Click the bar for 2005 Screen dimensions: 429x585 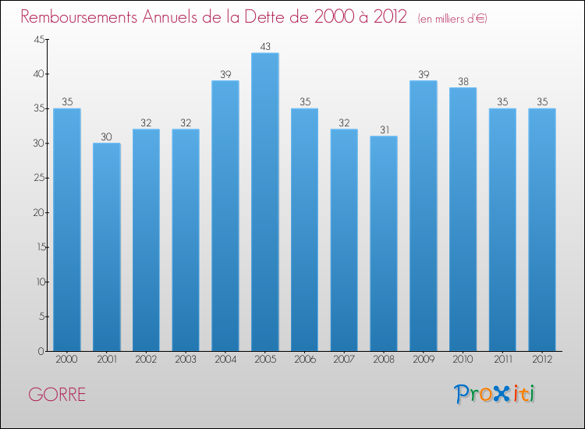click(265, 202)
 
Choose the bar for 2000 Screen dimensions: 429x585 click(67, 229)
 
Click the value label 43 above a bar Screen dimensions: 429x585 click(265, 47)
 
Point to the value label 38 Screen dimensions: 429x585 click(463, 81)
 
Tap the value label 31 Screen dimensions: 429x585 click(384, 129)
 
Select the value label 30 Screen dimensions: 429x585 click(107, 136)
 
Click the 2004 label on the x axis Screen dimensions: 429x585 click(225, 359)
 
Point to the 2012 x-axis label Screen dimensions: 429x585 click(542, 359)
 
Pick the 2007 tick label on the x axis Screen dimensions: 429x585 click(344, 359)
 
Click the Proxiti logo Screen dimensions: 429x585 click(494, 394)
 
